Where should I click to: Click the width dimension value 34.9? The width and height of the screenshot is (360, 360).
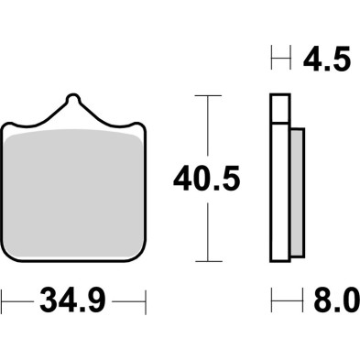[72, 300]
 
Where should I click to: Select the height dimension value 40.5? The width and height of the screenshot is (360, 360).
[207, 180]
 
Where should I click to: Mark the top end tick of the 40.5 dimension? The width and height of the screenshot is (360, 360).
[209, 94]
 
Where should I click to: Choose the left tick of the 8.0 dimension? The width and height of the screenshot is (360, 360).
[271, 300]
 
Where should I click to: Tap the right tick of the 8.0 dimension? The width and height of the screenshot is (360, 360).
[303, 300]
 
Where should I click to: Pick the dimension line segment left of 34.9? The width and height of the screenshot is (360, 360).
[18, 300]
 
